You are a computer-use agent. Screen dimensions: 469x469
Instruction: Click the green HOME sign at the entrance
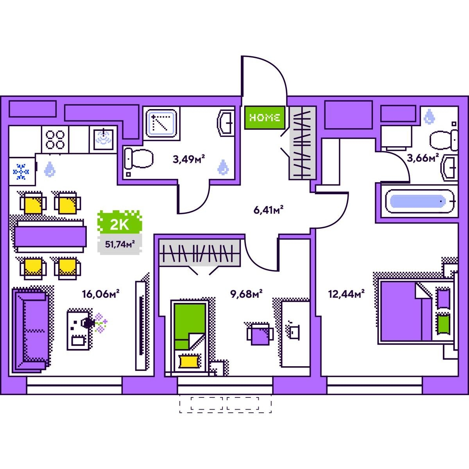point(265,118)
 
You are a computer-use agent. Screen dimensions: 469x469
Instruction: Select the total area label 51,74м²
point(120,244)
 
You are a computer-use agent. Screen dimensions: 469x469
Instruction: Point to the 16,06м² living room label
point(100,294)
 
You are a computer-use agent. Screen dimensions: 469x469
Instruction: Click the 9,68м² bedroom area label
point(246,294)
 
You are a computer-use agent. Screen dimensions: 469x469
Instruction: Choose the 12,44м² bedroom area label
point(346,294)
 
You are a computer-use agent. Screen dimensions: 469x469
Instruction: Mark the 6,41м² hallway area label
point(269,210)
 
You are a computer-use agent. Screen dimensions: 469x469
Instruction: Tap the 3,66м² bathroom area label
point(423,158)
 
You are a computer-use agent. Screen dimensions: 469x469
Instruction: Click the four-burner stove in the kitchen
point(55,140)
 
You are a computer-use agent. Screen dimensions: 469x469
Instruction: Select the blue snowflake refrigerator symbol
point(21,172)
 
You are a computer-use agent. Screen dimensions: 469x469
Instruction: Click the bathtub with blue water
point(420,202)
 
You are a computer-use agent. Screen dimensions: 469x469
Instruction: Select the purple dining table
point(50,236)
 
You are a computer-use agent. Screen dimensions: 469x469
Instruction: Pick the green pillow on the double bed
point(443,324)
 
